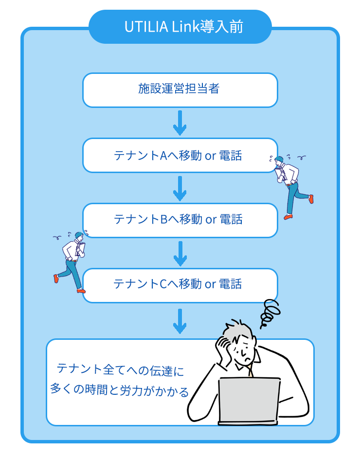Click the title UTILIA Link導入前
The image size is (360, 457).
point(180,27)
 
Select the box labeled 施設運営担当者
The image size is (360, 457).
point(180,89)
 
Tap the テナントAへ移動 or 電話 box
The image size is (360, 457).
point(180,155)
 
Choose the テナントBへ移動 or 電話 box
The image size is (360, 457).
point(180,220)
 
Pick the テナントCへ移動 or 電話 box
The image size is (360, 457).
point(180,284)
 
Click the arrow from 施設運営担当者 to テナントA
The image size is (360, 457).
point(180,123)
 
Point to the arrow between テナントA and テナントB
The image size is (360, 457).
point(180,188)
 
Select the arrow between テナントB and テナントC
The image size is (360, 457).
point(180,253)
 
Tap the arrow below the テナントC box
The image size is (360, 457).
point(180,321)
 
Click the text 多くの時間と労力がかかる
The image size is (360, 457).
point(120,390)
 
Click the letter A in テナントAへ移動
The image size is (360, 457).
point(163,156)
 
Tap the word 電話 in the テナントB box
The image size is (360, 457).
point(231,220)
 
